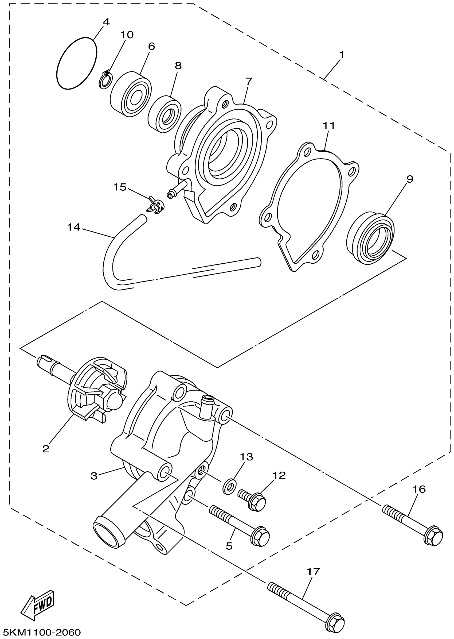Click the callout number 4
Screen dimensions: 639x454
coord(106,22)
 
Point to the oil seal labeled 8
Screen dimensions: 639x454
coord(165,114)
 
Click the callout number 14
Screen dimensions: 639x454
coord(73,227)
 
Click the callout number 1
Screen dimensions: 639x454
coord(341,54)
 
